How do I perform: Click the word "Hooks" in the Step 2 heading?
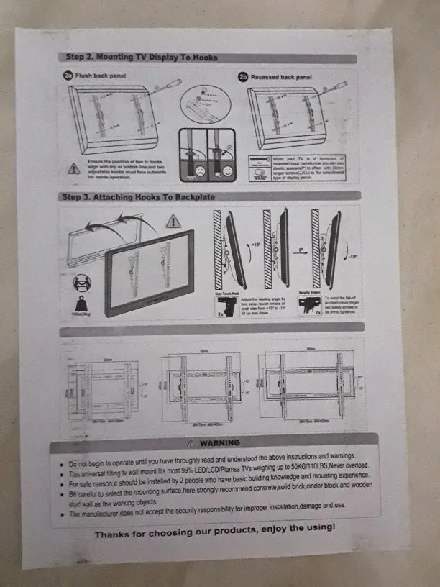pyautogui.click(x=202, y=58)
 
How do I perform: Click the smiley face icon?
pyautogui.click(x=227, y=172)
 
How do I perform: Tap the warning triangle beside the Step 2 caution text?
pyautogui.click(x=73, y=169)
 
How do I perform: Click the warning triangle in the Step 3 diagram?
pyautogui.click(x=173, y=221)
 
